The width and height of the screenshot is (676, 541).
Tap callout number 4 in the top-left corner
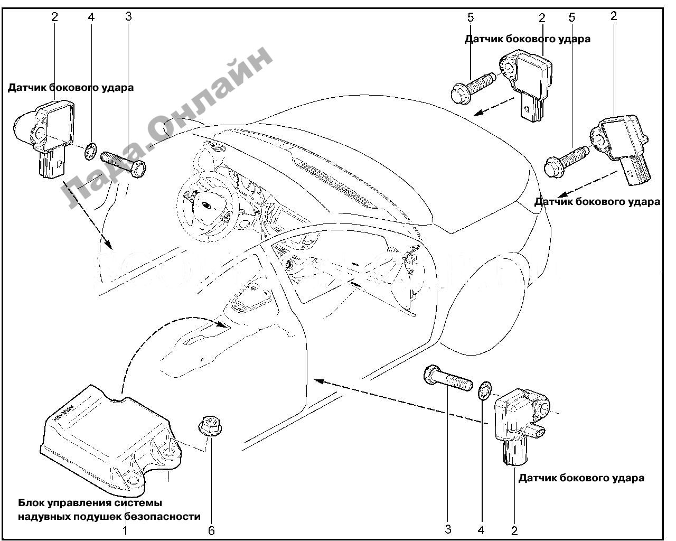pyautogui.click(x=91, y=17)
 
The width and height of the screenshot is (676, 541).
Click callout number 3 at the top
pyautogui.click(x=128, y=16)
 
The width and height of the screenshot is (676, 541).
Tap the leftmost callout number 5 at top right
pyautogui.click(x=470, y=17)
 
